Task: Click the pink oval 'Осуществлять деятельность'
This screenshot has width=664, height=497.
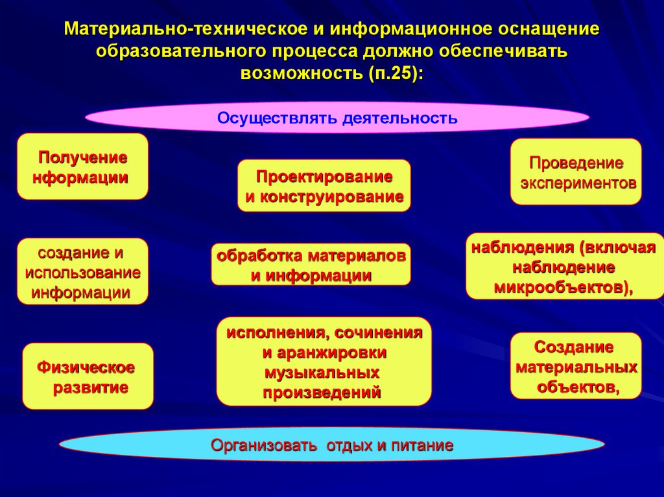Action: (337, 117)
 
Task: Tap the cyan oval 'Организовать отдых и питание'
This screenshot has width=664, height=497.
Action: (332, 446)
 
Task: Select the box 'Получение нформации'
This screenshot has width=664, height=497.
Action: (82, 167)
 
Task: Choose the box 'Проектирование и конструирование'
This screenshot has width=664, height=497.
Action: (324, 186)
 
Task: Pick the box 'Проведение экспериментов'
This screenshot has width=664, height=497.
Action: (576, 172)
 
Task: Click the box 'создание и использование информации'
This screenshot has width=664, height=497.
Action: (82, 272)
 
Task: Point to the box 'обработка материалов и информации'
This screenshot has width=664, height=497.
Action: (311, 264)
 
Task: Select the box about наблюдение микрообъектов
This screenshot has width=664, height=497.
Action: (564, 266)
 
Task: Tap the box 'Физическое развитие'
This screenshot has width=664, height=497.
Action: (88, 377)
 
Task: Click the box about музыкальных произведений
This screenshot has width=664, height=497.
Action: (324, 361)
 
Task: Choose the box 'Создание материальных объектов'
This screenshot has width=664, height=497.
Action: (576, 366)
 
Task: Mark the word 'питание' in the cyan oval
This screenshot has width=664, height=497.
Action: (425, 446)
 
